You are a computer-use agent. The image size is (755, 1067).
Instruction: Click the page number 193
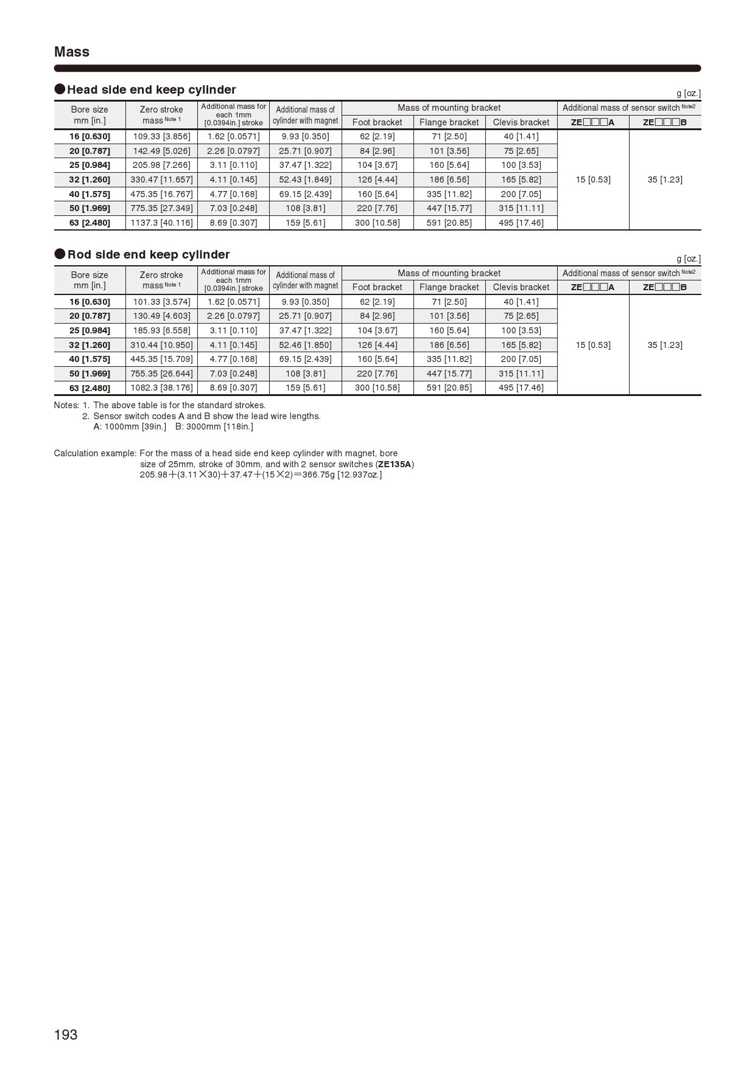(66, 1034)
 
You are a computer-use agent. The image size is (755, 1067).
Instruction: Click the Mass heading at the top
(72, 52)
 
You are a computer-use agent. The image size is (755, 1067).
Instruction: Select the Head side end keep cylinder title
(151, 89)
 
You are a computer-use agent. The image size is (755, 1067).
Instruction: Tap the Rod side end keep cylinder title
(148, 254)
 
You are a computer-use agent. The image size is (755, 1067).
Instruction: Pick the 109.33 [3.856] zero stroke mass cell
(161, 136)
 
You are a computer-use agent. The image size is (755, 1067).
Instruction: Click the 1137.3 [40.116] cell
(161, 223)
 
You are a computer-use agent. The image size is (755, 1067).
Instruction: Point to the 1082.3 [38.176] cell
(161, 388)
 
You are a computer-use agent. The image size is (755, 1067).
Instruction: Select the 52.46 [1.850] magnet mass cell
(305, 345)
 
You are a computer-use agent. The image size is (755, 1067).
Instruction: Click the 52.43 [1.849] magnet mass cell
(305, 179)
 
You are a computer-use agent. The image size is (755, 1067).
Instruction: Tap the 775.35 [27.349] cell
(161, 208)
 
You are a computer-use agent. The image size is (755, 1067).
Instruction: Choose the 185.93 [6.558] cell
(161, 330)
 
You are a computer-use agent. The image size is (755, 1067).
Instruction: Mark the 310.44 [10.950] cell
(161, 345)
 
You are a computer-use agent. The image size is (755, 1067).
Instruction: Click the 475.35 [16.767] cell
(161, 194)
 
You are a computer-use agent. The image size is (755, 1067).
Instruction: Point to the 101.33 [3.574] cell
(161, 302)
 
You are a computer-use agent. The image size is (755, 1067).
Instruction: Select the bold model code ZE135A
(395, 464)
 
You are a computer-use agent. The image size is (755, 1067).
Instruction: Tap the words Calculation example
(94, 453)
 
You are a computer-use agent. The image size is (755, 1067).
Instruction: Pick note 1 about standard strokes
(179, 405)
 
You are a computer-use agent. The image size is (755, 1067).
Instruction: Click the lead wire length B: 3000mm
(214, 426)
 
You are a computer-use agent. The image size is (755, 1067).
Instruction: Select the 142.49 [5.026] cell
(161, 151)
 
